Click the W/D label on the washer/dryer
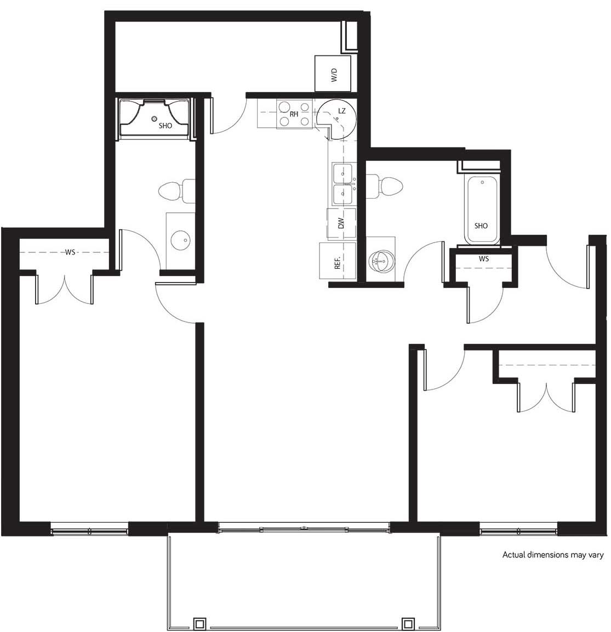pos(333,75)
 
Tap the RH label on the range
pos(294,115)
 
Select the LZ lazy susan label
pos(342,111)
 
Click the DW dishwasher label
pos(341,223)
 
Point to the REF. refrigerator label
pos(338,262)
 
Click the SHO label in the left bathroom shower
pos(165,126)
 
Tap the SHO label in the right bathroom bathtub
pos(481,226)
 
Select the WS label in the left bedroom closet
pos(70,252)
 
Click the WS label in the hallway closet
pos(483,258)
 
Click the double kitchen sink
pos(343,184)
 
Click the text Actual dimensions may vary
pos(553,555)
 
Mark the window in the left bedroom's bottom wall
pos(89,530)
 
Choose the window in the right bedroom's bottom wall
pos(518,530)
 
